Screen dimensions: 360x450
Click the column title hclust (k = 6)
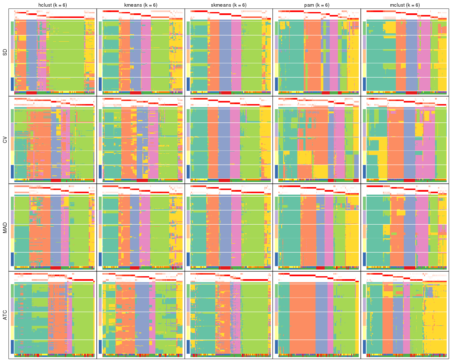point(52,5)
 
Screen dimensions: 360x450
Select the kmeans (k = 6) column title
point(140,5)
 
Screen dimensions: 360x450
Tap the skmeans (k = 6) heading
point(229,5)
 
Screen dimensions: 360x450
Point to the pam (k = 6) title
point(317,5)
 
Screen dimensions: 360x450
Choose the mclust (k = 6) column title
point(405,5)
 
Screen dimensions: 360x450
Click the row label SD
point(5,52)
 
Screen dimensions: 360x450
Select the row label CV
point(5,140)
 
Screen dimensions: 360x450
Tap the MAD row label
point(5,228)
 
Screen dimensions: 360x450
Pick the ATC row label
point(5,315)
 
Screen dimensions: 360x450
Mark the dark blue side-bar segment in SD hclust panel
point(12,84)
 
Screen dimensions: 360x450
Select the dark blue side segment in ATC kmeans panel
point(100,347)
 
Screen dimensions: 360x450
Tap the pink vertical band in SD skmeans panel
point(236,54)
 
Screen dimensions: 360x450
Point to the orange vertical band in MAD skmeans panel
point(212,229)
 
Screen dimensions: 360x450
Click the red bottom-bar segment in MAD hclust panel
point(55,268)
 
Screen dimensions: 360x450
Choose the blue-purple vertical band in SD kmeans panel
point(135,54)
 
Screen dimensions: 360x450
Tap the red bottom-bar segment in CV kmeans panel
point(142,180)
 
